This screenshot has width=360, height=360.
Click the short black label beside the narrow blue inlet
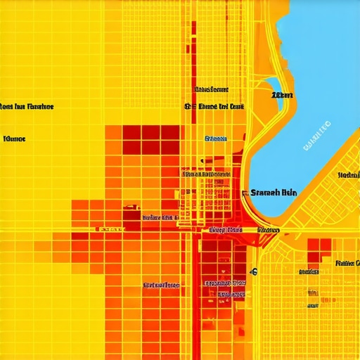coord(282,94)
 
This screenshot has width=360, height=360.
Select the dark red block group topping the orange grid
coord(150,138)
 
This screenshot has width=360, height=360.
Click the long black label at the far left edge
coord(27,107)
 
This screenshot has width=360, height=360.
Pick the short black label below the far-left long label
coord(14,139)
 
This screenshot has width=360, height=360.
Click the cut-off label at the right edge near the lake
coord(349,175)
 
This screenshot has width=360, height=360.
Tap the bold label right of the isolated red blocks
coord(347,264)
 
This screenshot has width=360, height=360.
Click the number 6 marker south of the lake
coord(254,271)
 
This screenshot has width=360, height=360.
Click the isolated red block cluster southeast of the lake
coord(318,254)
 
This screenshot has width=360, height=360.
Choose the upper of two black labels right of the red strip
coord(211,90)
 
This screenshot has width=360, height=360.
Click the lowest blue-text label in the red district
coord(225,294)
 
